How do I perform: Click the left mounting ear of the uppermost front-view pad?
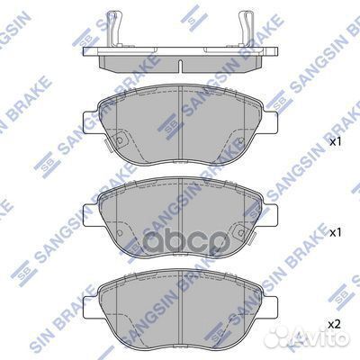[87, 120]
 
